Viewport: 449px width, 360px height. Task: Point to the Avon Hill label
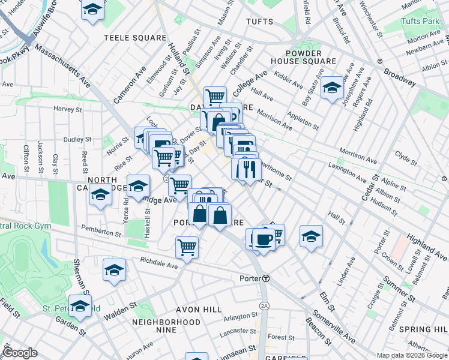pos(190,310)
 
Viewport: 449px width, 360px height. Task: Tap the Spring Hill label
pos(423,329)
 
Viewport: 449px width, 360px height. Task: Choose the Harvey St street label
pos(67,109)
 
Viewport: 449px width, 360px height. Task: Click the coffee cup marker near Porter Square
pos(264,239)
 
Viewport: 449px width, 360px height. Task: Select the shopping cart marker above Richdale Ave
pos(187,246)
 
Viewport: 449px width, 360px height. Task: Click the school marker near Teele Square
pos(92,10)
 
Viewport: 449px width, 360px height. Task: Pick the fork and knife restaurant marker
pos(249,169)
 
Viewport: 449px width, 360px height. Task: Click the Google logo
pos(20,353)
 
